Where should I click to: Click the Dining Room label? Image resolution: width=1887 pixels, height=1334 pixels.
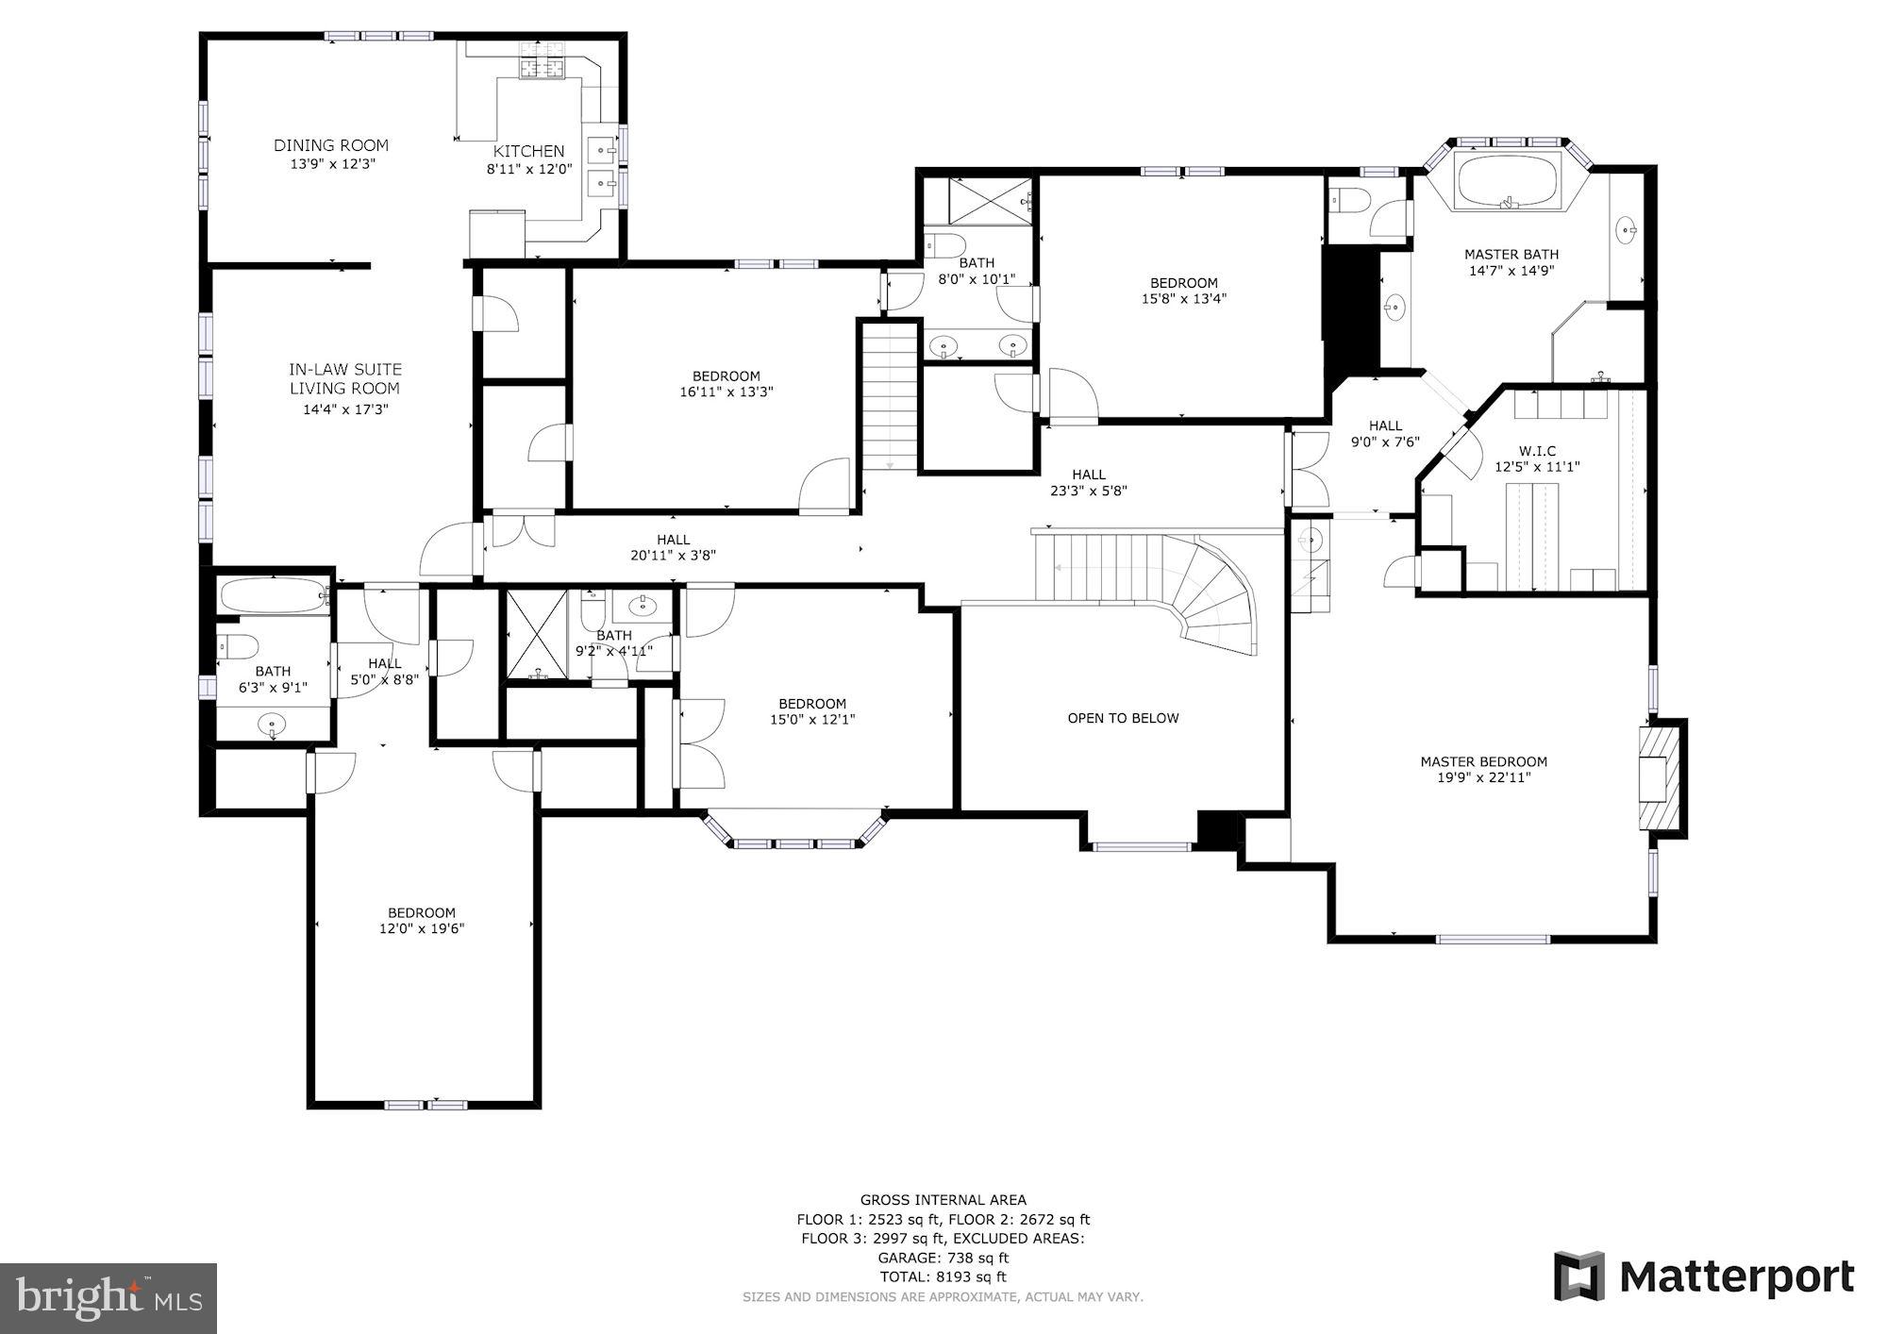pyautogui.click(x=331, y=145)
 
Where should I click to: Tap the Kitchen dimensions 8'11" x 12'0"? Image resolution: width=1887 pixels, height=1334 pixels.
pyautogui.click(x=529, y=170)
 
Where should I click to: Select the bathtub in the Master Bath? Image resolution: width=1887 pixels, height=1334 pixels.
pyautogui.click(x=1506, y=182)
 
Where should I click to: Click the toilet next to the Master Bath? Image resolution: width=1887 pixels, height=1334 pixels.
pyautogui.click(x=1345, y=201)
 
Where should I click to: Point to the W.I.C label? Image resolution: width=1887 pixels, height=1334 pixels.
pyautogui.click(x=1537, y=451)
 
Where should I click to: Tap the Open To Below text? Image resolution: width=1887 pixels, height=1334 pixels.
pyautogui.click(x=1123, y=718)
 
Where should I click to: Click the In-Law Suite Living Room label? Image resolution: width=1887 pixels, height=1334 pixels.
pyautogui.click(x=344, y=378)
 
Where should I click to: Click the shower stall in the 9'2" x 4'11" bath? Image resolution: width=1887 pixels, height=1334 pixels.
pyautogui.click(x=537, y=634)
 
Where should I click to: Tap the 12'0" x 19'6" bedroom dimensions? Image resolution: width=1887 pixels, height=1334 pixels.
pyautogui.click(x=422, y=928)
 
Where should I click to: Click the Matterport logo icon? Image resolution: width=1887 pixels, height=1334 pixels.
pyautogui.click(x=1578, y=1276)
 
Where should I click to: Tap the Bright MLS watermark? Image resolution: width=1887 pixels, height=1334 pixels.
pyautogui.click(x=109, y=1298)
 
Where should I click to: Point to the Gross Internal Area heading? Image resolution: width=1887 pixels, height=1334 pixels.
pyautogui.click(x=943, y=1200)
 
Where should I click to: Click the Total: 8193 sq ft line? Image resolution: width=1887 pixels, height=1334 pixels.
pyautogui.click(x=943, y=1276)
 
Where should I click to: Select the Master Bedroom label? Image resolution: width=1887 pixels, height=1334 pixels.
pyautogui.click(x=1483, y=761)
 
